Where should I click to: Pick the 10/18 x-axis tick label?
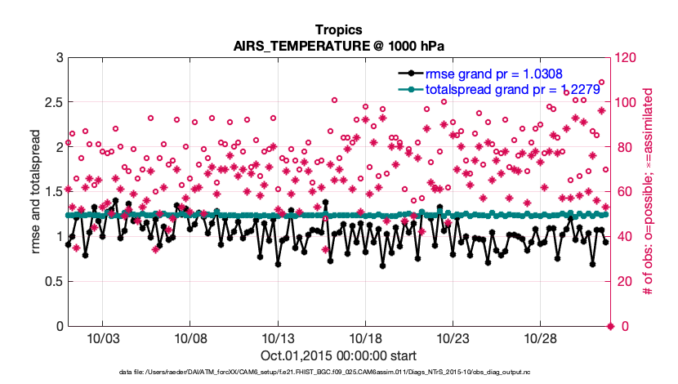click(366, 339)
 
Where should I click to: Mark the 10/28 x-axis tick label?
click(541, 339)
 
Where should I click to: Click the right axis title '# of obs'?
click(646, 192)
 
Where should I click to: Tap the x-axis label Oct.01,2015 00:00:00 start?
click(339, 356)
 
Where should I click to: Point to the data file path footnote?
click(339, 373)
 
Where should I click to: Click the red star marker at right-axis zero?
click(609, 327)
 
